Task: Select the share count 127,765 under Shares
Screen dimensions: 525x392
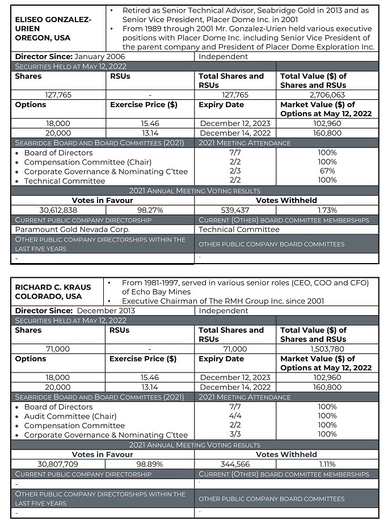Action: pos(58,95)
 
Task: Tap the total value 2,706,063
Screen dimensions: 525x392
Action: pos(327,95)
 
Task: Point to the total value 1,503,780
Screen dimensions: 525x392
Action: pos(327,349)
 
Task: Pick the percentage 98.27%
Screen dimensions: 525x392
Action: pos(149,210)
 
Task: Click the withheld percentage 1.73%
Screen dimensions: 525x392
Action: pos(327,210)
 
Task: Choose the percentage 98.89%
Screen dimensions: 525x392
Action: pos(149,464)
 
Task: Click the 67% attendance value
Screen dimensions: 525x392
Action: pos(327,171)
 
